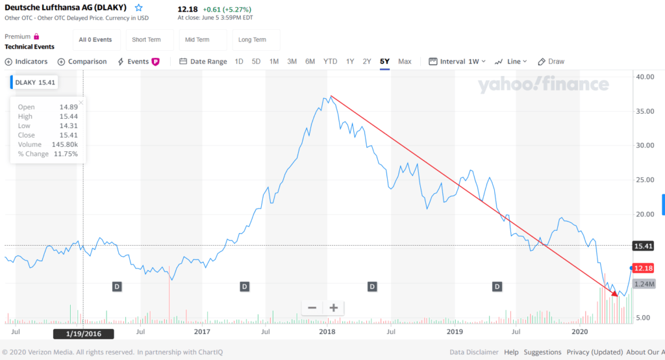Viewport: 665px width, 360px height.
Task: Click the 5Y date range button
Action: [x=384, y=62]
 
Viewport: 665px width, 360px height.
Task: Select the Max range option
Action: [x=405, y=62]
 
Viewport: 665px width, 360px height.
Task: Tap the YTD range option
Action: [x=331, y=62]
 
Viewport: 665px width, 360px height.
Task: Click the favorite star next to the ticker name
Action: [x=139, y=8]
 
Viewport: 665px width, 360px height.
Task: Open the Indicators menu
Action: [x=27, y=62]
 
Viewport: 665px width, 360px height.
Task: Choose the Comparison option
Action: [x=82, y=62]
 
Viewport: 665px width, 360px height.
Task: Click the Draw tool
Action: [x=551, y=62]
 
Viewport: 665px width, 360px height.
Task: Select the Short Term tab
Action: [x=146, y=40]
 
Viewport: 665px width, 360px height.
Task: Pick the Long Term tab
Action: [x=252, y=40]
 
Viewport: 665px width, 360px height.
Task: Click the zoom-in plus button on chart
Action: [x=334, y=308]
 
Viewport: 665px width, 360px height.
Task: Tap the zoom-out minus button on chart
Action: [x=312, y=308]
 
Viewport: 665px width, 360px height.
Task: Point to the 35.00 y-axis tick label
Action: [x=645, y=111]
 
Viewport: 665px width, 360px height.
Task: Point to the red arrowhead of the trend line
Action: [x=616, y=294]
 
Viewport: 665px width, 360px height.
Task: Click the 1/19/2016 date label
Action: [x=82, y=333]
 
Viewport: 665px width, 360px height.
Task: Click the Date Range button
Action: [x=203, y=62]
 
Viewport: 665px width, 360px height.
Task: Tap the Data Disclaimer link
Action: [x=474, y=352]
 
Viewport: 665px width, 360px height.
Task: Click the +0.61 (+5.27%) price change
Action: [x=227, y=10]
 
